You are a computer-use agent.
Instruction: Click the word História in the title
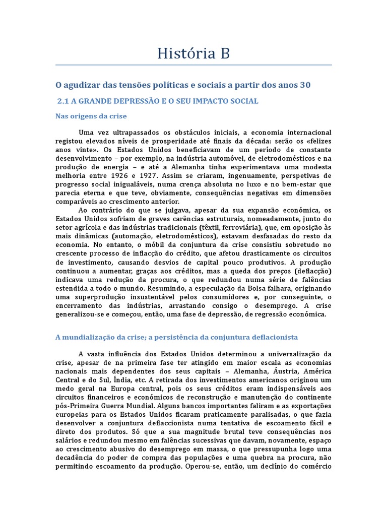[182, 53]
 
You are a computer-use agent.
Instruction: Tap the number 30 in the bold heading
[305, 85]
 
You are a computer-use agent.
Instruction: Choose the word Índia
[128, 380]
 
